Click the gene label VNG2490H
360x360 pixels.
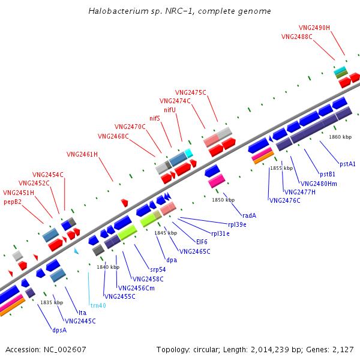tap(314, 28)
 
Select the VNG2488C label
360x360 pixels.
tap(297, 37)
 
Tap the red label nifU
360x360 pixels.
tap(169, 110)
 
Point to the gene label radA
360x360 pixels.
tap(249, 215)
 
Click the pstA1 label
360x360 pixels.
tap(347, 164)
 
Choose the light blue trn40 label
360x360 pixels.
tap(98, 305)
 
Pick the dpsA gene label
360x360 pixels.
tap(59, 329)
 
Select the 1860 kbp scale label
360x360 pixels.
tap(340, 137)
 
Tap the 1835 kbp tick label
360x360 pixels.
tap(52, 302)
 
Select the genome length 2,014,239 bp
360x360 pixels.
tap(268, 349)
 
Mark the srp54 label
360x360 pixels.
tap(158, 269)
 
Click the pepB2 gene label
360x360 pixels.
tap(13, 202)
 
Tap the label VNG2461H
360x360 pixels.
tap(82, 154)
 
